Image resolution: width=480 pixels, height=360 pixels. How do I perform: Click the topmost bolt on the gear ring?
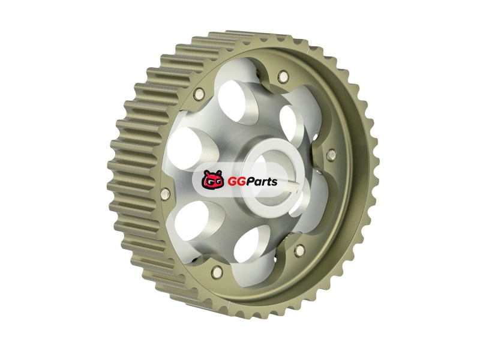click(x=283, y=76)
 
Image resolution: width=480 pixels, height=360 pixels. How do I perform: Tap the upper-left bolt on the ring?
click(x=199, y=94)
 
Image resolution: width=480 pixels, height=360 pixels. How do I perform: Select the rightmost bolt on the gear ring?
click(x=331, y=155)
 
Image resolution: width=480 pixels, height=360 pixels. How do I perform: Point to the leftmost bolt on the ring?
click(x=165, y=193)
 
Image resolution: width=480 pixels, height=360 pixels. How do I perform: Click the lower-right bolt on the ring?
click(x=299, y=251)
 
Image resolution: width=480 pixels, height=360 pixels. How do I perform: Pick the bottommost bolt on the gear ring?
click(x=217, y=271)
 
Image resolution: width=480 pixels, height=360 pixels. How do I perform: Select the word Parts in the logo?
click(x=260, y=182)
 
